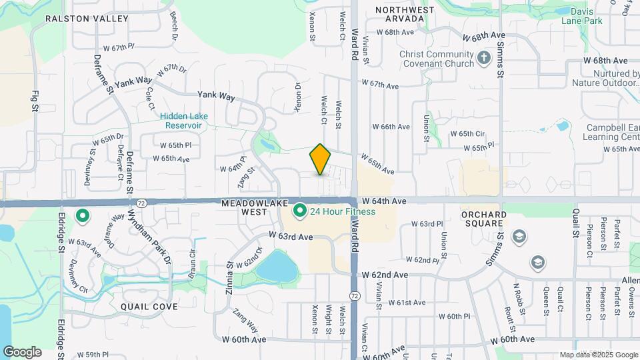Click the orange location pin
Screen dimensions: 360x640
pos(320,159)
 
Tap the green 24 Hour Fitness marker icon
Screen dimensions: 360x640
pos(300,212)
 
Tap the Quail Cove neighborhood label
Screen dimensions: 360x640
pos(149,307)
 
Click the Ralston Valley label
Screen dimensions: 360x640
pos(87,19)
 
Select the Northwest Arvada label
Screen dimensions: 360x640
pos(405,14)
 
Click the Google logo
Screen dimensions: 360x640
pos(22,352)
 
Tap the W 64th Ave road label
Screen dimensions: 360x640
pos(385,201)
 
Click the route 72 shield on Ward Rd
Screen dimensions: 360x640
pos(354,295)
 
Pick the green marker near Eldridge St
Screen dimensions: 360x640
pos(83,216)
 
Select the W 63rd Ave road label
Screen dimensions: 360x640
pos(291,236)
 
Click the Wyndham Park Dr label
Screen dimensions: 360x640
pos(150,237)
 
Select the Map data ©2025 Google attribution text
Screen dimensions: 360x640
pos(598,355)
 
